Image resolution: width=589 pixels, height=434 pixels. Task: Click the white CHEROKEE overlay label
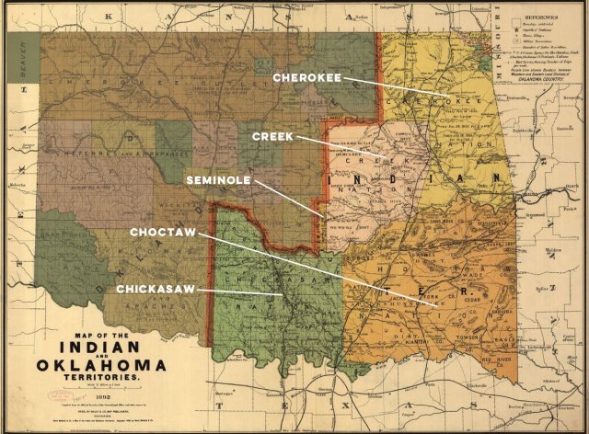(306, 78)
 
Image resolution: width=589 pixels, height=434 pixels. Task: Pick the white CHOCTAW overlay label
(163, 234)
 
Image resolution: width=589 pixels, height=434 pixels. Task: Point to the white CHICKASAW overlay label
(154, 290)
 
